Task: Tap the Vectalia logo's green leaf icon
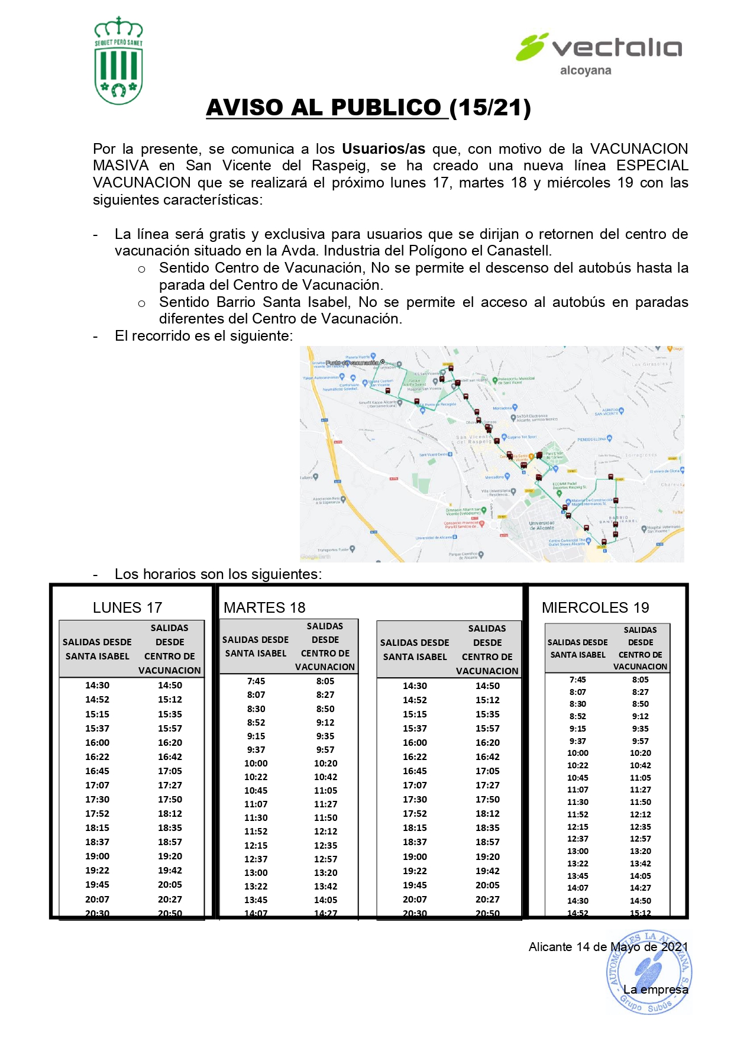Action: [531, 47]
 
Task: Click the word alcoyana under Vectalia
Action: [586, 70]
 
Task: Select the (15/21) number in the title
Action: [490, 108]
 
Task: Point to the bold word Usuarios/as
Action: [383, 148]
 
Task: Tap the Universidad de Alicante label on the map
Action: [542, 525]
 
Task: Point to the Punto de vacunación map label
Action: [353, 363]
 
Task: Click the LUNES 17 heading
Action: [127, 607]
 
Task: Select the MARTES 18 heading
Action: [264, 607]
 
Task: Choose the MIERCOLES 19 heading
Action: [595, 607]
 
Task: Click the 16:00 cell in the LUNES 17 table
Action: [97, 743]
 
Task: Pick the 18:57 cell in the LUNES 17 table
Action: [170, 842]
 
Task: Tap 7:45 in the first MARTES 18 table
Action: [256, 681]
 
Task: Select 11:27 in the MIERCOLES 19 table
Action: [640, 790]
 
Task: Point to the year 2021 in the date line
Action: [674, 947]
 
